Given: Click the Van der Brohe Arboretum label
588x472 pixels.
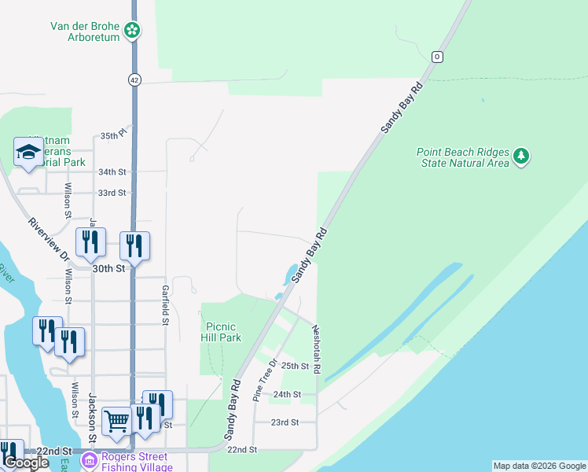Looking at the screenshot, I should point(85,31).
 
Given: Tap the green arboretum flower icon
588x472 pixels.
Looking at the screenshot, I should point(133,31).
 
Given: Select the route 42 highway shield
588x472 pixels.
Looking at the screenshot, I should point(134,79).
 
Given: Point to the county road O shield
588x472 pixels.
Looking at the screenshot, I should point(437,57).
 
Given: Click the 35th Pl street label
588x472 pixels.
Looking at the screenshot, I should point(113,136).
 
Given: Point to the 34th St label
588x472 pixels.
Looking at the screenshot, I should point(112,171).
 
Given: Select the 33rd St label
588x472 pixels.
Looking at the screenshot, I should point(112,193).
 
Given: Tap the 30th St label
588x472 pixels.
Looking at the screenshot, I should point(108,268).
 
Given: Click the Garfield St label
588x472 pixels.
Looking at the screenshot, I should point(166,304).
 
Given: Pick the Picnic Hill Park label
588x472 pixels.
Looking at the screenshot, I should point(223,331).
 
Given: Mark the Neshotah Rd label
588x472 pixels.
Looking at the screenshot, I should point(316,349).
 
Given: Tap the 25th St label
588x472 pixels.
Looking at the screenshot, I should point(295,366).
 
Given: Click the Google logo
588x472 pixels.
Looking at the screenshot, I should point(26,463).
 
